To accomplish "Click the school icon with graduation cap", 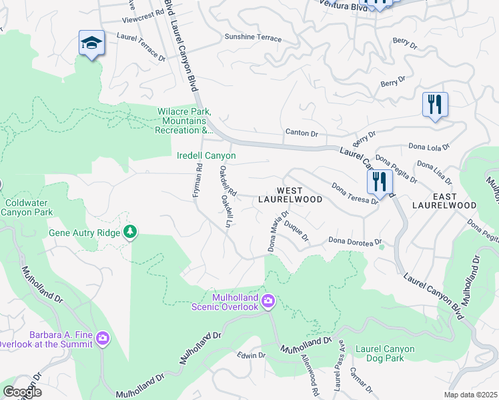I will pyautogui.click(x=91, y=43).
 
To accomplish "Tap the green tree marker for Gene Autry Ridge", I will pyautogui.click(x=131, y=232).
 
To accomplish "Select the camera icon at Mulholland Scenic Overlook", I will pyautogui.click(x=268, y=302).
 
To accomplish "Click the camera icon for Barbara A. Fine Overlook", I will pyautogui.click(x=102, y=339).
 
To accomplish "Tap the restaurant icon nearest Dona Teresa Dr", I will pyautogui.click(x=379, y=181).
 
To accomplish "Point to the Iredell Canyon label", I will pyautogui.click(x=205, y=155).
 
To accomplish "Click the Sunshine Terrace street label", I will pyautogui.click(x=253, y=38).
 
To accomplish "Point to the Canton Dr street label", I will pyautogui.click(x=302, y=133).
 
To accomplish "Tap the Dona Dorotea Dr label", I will pyautogui.click(x=354, y=241).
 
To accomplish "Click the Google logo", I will pyautogui.click(x=21, y=391).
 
